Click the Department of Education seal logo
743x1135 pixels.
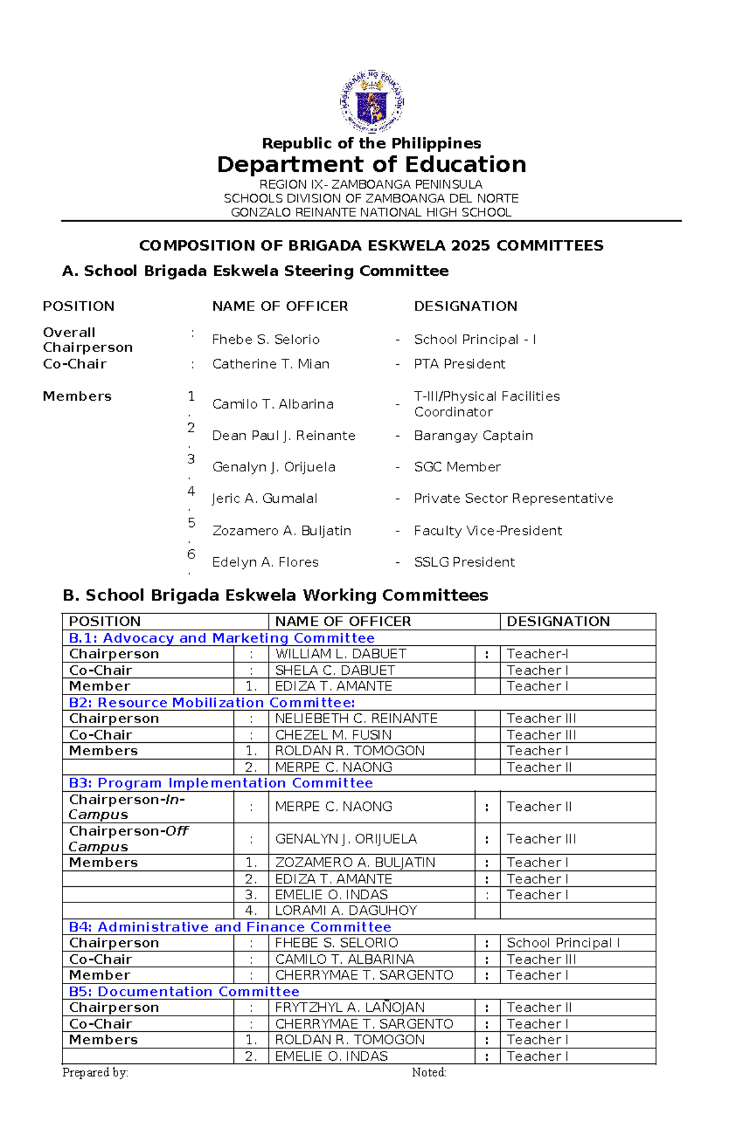point(371,101)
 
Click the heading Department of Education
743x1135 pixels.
point(371,165)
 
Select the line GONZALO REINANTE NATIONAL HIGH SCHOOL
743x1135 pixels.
point(371,212)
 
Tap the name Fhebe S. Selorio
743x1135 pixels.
point(266,340)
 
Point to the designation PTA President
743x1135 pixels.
point(459,364)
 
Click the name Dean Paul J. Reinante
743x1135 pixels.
point(284,435)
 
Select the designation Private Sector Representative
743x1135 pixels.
point(513,499)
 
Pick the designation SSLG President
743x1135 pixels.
point(464,562)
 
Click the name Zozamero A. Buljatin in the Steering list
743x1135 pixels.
point(282,531)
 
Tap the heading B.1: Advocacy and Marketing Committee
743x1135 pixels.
point(222,638)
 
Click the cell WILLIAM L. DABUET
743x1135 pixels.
point(341,654)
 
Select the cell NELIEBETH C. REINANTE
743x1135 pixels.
point(356,718)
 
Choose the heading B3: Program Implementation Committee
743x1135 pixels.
point(221,783)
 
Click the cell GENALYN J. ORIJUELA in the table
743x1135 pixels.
point(345,839)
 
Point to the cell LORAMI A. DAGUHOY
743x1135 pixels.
point(345,910)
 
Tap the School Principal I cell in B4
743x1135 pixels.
point(563,943)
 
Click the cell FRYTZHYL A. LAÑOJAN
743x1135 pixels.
point(349,1008)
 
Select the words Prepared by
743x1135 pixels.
point(95,1073)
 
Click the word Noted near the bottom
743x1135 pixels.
point(428,1073)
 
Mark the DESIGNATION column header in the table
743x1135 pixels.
point(558,621)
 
